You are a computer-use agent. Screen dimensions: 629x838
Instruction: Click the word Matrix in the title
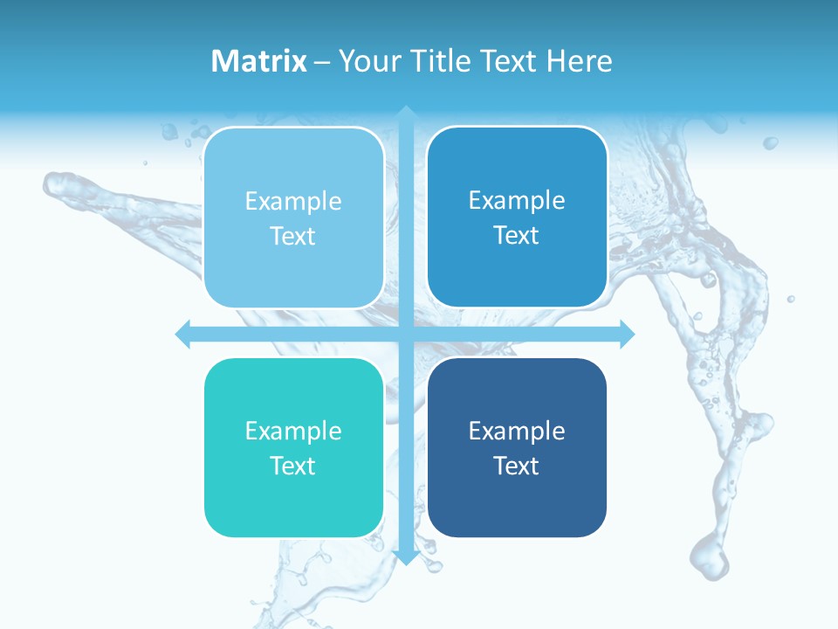[259, 61]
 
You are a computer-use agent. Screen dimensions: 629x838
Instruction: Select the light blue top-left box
[293, 218]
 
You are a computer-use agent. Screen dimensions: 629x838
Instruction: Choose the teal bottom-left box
[293, 447]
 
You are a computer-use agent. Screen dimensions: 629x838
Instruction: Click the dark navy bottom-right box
[517, 447]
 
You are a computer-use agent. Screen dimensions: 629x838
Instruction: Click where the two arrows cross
[406, 334]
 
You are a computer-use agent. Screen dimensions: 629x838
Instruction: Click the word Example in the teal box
[293, 431]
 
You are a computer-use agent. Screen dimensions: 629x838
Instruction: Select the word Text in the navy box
[517, 466]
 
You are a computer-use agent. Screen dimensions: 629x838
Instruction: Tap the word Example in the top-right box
[517, 201]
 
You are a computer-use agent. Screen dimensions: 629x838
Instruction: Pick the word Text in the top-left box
[293, 236]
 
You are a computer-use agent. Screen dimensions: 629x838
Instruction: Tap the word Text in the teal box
[293, 466]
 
